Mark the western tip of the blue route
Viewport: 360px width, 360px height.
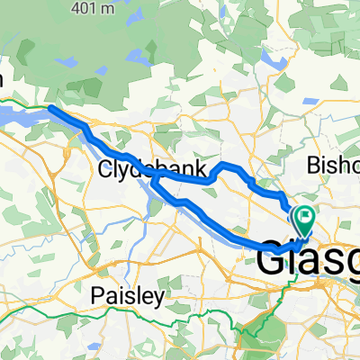(x=49, y=108)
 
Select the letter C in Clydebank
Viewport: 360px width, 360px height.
(x=104, y=169)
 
